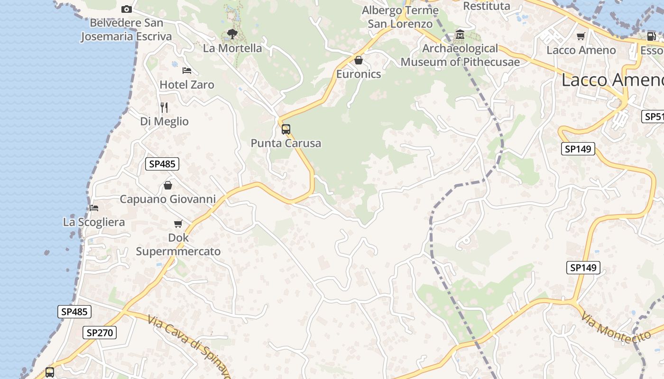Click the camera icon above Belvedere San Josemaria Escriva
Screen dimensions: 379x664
126,9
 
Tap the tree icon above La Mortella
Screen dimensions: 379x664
232,34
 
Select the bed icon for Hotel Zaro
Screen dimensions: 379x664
187,71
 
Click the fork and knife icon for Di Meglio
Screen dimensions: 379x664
164,108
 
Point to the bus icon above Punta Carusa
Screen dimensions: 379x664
286,129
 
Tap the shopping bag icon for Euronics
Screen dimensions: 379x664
359,60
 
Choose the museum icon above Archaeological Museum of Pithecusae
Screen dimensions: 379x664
460,35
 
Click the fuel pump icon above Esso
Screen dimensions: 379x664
652,36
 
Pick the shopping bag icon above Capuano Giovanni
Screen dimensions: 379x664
167,185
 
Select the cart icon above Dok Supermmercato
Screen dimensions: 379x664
178,224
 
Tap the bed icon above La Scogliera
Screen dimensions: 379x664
94,208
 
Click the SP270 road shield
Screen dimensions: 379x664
100,333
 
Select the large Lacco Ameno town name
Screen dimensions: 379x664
612,80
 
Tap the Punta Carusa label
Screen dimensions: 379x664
286,143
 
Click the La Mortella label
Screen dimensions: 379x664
232,48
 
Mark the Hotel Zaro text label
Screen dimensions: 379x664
187,85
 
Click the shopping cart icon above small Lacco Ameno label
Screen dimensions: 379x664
581,36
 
